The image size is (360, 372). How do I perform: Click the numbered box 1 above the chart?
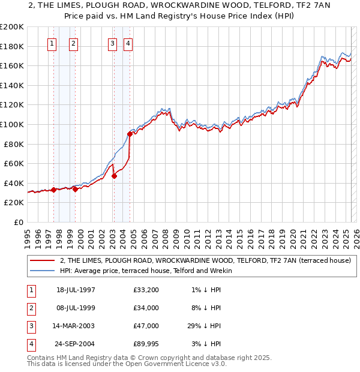point(52,43)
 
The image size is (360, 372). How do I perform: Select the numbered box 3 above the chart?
point(113,43)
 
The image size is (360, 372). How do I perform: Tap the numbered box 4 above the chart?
point(128,43)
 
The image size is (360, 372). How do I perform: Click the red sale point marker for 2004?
point(130,134)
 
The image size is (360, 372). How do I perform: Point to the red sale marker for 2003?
point(114,176)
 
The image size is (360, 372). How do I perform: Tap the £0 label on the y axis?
point(18,222)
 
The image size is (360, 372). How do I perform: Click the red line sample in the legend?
point(41,260)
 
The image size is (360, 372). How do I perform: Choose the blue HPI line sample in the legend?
point(41,271)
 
